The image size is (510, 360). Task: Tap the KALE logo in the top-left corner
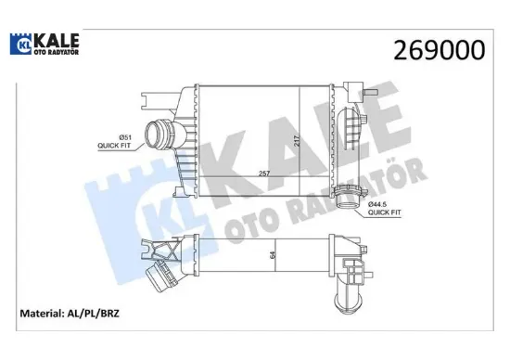tap(44, 45)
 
